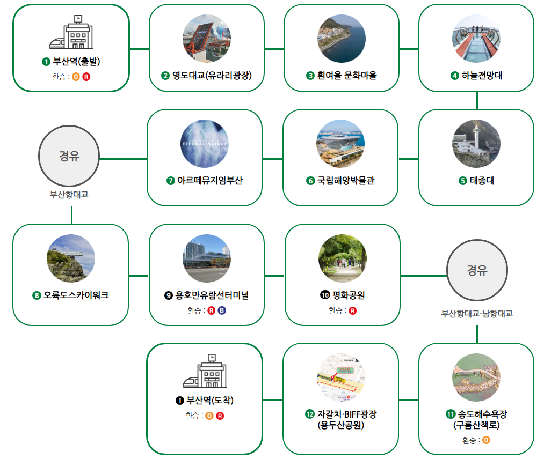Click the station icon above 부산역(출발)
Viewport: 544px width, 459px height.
[x=71, y=32]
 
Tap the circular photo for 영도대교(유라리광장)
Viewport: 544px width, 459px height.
[x=206, y=38]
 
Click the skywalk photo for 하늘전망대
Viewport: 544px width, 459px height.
[x=476, y=38]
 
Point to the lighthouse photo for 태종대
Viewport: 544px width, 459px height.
[x=476, y=144]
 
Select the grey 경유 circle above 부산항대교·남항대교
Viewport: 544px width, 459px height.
[x=477, y=270]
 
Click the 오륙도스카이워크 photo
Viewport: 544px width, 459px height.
[x=71, y=258]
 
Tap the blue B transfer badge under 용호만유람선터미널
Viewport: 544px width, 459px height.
[x=221, y=310]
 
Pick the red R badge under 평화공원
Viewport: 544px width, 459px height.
[x=353, y=310]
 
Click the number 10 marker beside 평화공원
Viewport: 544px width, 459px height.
[x=324, y=295]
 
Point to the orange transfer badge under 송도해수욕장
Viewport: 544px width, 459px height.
[x=486, y=440]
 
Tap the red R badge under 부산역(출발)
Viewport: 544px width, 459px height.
[x=86, y=77]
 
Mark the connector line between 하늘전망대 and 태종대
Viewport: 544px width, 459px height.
[x=477, y=100]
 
